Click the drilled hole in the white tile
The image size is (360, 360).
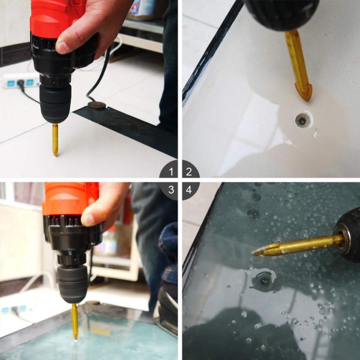click(x=303, y=119)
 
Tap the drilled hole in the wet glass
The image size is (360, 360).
click(x=264, y=280)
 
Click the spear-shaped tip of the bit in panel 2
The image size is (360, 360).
click(x=303, y=92)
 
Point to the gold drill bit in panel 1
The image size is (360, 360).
click(x=55, y=140)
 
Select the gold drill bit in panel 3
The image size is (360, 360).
click(x=74, y=321)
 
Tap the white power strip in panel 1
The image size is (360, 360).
click(x=21, y=81)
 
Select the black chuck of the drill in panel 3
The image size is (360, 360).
click(x=73, y=284)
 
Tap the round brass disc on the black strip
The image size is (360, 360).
click(x=97, y=106)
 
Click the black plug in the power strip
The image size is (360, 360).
click(x=21, y=83)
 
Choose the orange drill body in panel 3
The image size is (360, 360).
click(x=71, y=199)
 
